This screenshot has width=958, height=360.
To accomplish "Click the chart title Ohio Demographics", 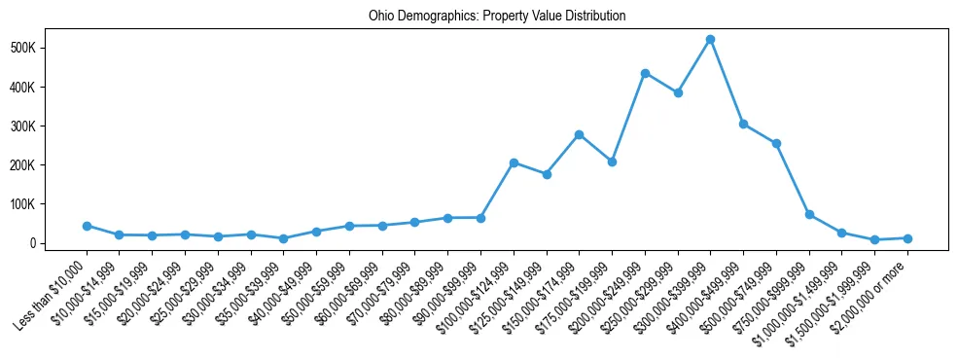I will point(496,16).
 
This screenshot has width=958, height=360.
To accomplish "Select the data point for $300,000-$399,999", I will point(710,39).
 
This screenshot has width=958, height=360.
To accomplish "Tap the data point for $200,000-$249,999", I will point(645,73).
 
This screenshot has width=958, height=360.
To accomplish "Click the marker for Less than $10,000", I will point(87,226).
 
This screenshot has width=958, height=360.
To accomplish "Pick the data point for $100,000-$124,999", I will point(514,162).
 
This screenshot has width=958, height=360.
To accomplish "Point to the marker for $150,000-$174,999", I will point(579,134).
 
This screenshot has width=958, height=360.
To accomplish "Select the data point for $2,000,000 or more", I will point(907,238).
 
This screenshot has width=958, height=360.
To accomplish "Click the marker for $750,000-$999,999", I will point(809,214).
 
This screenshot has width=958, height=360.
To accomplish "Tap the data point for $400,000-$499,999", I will point(743,124).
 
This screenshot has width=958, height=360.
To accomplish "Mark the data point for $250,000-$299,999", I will point(678,92).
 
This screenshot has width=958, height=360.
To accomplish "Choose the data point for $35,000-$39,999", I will point(283,238).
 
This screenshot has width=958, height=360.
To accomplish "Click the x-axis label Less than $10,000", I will point(53,292).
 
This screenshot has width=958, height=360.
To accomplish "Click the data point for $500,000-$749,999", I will point(776,143).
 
